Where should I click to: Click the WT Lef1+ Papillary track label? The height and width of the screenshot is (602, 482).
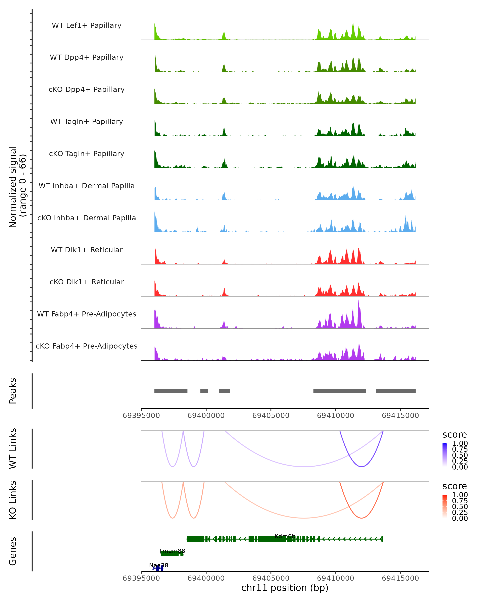point(87,25)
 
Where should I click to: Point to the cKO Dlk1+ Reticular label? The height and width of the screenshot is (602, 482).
point(87,282)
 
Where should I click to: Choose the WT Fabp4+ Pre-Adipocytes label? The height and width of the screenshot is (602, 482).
point(87,314)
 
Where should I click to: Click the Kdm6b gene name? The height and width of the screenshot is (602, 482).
point(285,536)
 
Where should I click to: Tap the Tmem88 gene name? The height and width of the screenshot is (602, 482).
point(172,551)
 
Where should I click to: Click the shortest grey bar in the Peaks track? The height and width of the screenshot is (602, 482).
point(204,391)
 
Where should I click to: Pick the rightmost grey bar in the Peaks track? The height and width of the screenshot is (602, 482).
point(396,391)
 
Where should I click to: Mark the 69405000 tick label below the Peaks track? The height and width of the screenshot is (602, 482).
point(271,416)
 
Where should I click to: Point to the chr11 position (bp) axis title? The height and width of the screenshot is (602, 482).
point(285,588)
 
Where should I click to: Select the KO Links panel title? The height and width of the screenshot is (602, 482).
point(13,500)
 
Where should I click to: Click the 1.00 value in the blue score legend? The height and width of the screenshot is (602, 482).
point(460,443)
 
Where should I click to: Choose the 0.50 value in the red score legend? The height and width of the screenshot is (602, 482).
point(460,506)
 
